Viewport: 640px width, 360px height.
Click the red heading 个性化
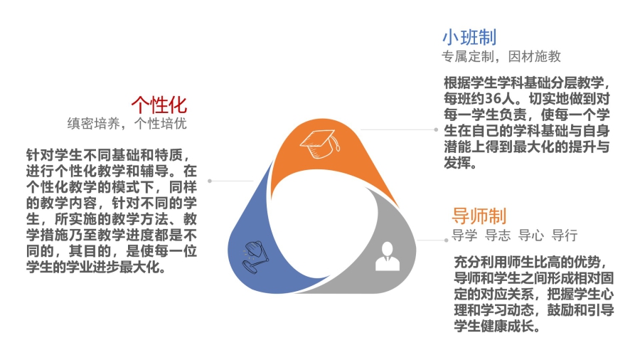[159, 105]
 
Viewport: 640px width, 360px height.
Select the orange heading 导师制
[479, 216]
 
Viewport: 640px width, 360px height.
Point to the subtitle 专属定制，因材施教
[501, 57]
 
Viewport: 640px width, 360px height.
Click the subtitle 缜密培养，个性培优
[127, 123]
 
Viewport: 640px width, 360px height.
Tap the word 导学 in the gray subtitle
[464, 235]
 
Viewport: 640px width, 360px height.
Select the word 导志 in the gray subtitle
[498, 235]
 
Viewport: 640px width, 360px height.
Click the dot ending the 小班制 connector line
[436, 129]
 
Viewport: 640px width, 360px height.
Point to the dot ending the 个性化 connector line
[210, 181]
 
